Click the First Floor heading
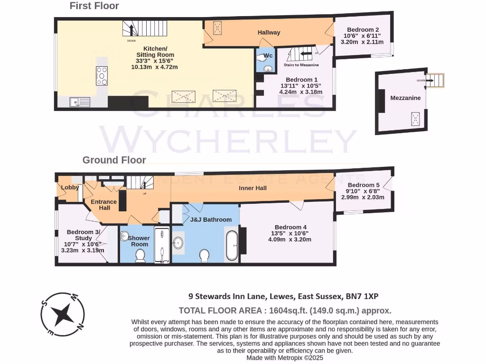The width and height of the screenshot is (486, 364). (94, 6)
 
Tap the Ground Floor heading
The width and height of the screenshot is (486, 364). (114, 160)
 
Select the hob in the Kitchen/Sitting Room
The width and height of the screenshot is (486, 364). (102, 75)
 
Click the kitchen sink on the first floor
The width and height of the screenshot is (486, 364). (80, 101)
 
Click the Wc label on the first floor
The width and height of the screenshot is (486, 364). (268, 56)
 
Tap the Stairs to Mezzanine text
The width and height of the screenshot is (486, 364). (301, 65)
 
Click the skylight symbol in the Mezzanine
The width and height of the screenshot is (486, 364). (416, 118)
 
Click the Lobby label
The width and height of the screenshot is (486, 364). (70, 187)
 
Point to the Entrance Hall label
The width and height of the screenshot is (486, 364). (104, 205)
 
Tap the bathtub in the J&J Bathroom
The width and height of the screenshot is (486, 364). (232, 245)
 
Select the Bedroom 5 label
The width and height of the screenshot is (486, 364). (364, 185)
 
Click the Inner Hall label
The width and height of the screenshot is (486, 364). (252, 188)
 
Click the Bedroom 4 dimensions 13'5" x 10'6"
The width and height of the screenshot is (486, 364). (289, 233)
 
